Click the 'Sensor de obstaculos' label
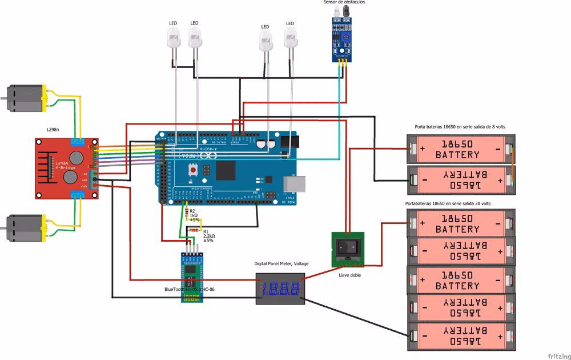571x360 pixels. click(344, 3)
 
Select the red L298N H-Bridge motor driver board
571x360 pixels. click(66, 169)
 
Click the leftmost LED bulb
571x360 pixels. click(173, 40)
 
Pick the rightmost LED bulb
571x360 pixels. click(291, 40)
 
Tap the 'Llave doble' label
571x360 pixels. click(349, 275)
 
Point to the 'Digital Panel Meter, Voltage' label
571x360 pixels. click(281, 263)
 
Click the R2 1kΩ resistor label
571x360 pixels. click(195, 215)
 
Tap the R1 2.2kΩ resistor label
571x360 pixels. click(208, 236)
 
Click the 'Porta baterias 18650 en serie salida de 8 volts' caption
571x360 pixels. click(460, 126)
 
